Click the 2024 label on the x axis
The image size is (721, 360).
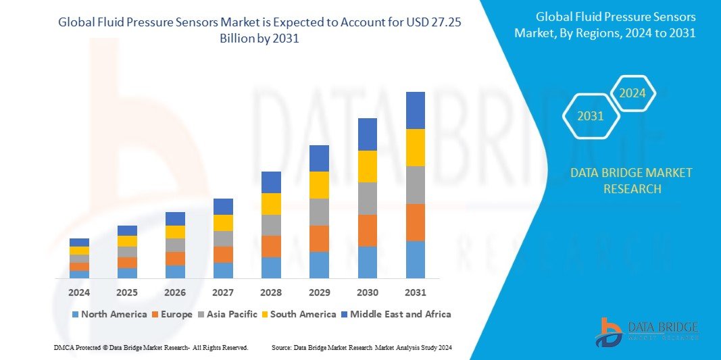click(x=79, y=292)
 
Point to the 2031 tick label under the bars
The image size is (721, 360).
click(x=415, y=292)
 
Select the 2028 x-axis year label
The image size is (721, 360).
click(x=271, y=292)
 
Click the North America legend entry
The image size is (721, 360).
click(x=109, y=314)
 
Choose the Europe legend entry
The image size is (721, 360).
click(x=172, y=314)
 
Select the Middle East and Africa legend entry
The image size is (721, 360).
click(x=395, y=314)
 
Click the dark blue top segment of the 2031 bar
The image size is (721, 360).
click(x=415, y=110)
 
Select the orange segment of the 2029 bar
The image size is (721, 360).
click(x=319, y=238)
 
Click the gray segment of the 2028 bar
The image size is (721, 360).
click(x=271, y=225)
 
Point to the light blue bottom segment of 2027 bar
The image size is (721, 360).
click(x=223, y=270)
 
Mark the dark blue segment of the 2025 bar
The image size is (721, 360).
click(x=127, y=230)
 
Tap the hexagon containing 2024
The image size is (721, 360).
click(x=633, y=93)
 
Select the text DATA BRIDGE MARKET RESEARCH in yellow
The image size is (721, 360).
click(x=631, y=181)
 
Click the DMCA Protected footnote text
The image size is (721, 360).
click(x=151, y=347)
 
